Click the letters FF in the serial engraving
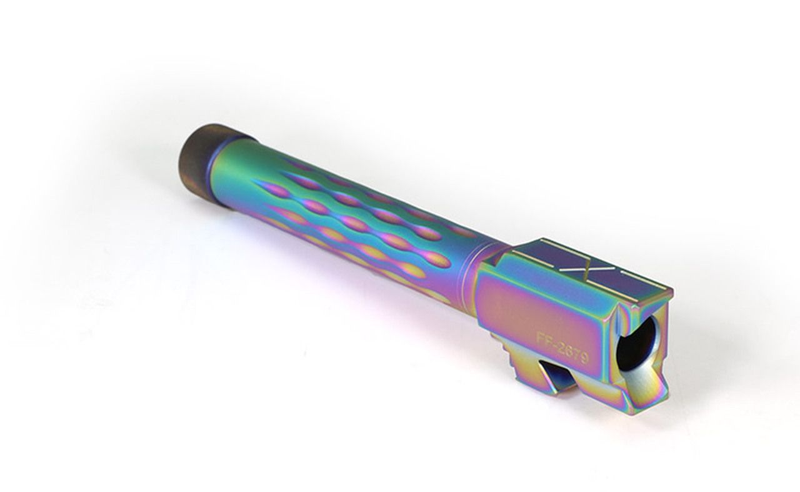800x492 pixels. coord(544,338)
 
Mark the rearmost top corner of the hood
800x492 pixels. coord(671,291)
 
